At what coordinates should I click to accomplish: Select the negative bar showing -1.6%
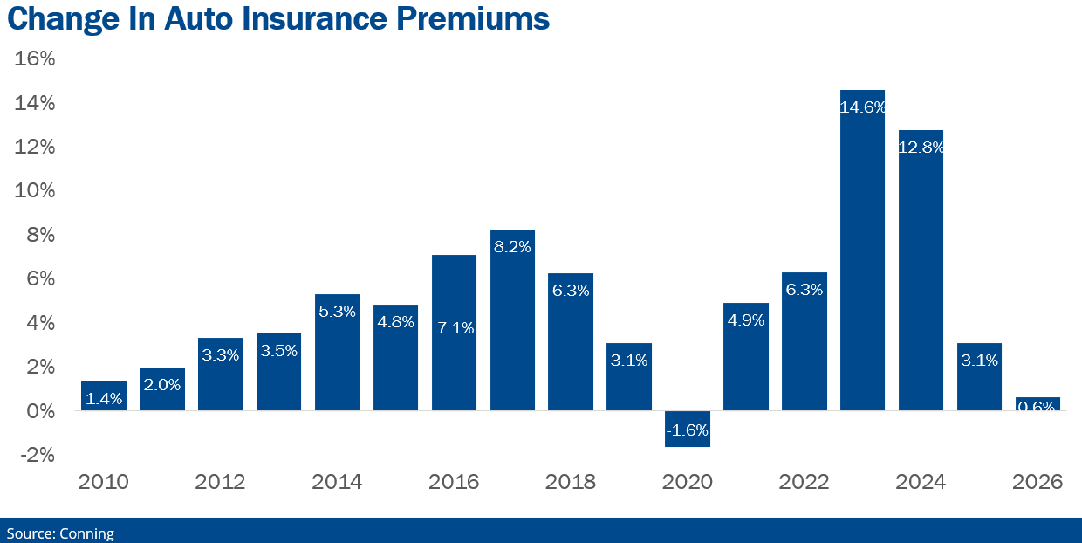tap(687, 429)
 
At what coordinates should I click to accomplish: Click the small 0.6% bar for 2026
tap(1037, 404)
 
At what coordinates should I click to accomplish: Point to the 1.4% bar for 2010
tap(104, 395)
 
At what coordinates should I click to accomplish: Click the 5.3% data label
tap(337, 311)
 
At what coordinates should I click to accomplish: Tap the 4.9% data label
tap(745, 320)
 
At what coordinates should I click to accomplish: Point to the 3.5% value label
tap(278, 350)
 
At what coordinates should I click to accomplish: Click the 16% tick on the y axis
tap(35, 59)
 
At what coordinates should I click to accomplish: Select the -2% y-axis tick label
tap(35, 455)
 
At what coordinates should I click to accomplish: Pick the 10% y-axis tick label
tap(35, 191)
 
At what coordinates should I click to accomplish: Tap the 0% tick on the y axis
tap(40, 410)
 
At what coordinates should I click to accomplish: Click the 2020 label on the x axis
tap(687, 482)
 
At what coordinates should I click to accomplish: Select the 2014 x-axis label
tap(337, 482)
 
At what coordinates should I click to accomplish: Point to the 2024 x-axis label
tap(921, 482)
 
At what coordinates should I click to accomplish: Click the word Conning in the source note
tap(86, 533)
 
